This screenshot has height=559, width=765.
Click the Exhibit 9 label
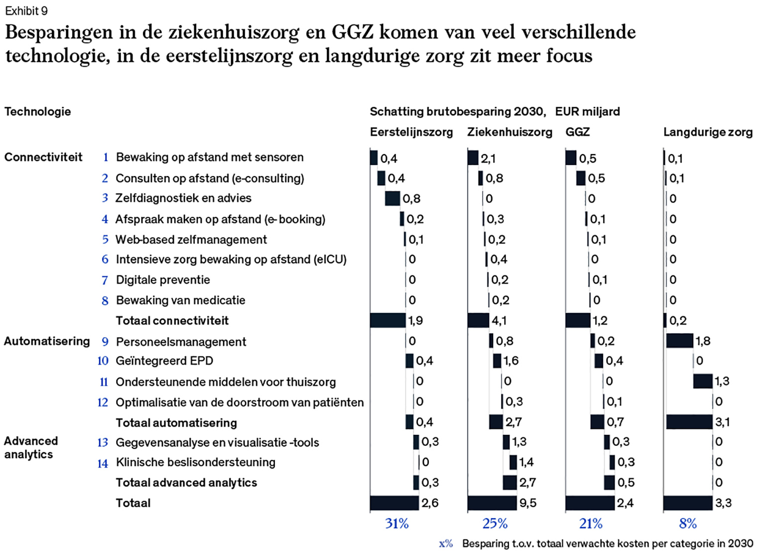click(x=26, y=10)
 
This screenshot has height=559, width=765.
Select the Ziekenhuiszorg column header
click(x=510, y=132)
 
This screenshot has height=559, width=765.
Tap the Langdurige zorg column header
click(x=707, y=132)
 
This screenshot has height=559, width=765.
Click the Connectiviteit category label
click(x=43, y=157)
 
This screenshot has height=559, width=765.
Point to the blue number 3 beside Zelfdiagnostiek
click(x=105, y=198)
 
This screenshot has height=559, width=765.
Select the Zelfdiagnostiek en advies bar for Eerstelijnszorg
click(x=392, y=198)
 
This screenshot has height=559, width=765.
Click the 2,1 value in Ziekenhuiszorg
click(x=488, y=159)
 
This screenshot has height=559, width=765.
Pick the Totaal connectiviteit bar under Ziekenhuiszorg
click(x=478, y=320)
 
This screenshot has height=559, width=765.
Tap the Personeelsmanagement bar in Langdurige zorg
click(x=679, y=341)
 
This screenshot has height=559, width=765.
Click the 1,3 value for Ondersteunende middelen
click(x=722, y=381)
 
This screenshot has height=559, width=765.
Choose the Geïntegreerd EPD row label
click(x=164, y=361)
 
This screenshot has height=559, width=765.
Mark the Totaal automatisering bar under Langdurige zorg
click(x=689, y=422)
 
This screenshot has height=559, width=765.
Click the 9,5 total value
click(x=528, y=503)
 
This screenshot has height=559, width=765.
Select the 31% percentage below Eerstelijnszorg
click(x=396, y=524)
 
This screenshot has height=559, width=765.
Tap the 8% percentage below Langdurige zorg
click(x=687, y=524)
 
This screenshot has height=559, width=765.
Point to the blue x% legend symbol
click(x=446, y=544)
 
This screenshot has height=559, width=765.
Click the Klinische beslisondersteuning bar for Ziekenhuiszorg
click(x=513, y=462)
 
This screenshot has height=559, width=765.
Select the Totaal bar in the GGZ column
click(x=590, y=503)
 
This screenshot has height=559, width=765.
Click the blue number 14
click(x=103, y=463)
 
